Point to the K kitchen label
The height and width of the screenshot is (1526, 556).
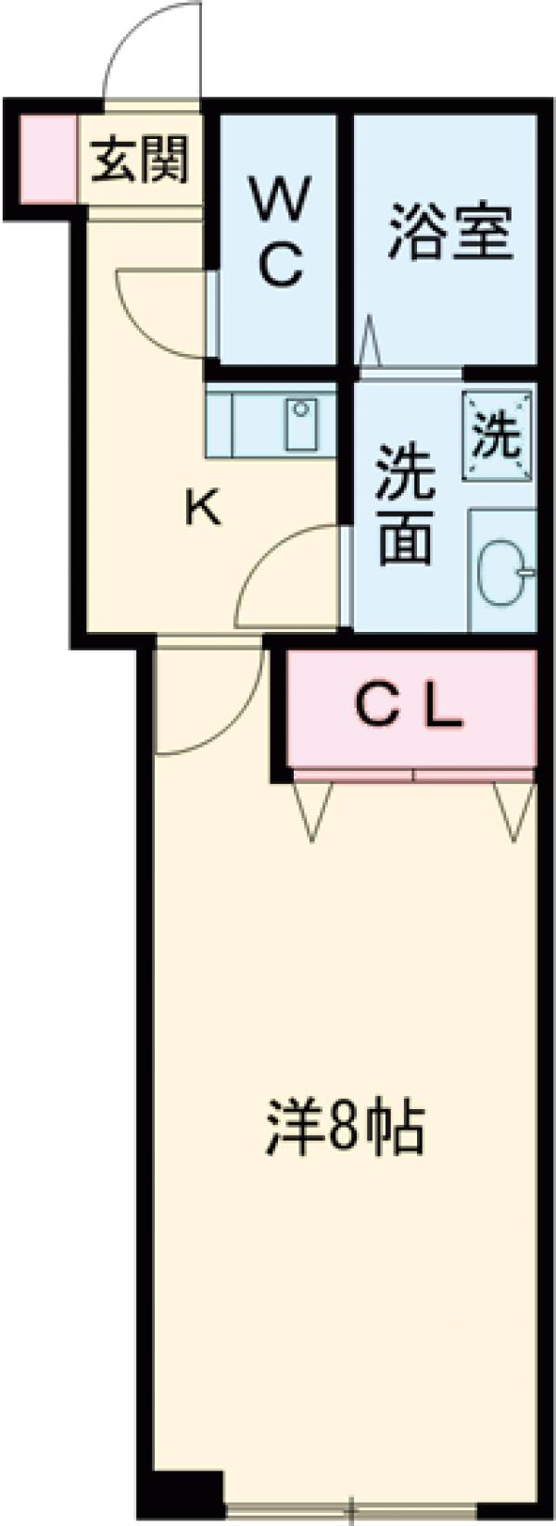click(203, 509)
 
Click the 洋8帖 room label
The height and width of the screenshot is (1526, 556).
click(346, 1126)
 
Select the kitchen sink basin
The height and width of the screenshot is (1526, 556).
click(300, 424)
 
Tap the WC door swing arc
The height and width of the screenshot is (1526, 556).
click(158, 310)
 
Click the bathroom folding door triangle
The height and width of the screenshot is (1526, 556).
click(371, 343)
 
